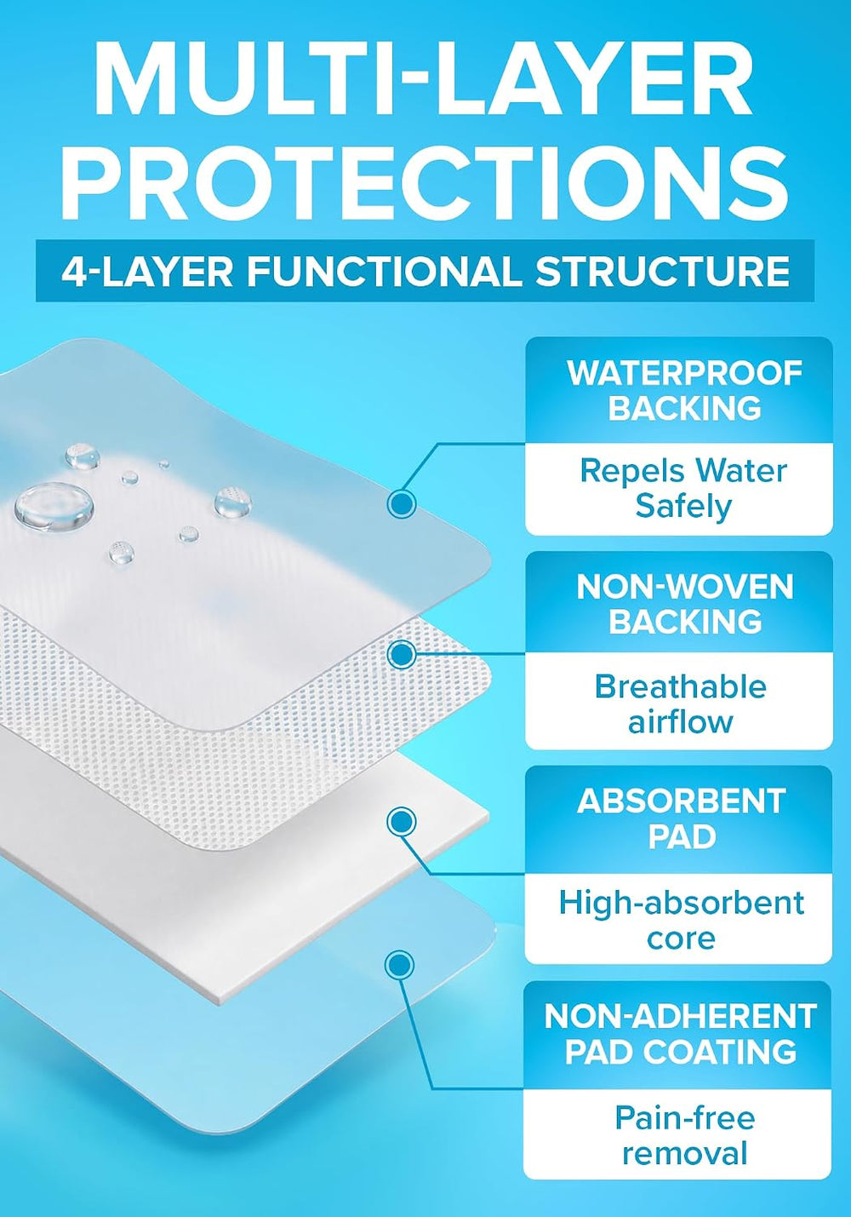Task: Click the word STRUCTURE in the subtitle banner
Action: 662,271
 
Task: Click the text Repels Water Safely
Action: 683,489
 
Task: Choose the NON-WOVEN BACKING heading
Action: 685,604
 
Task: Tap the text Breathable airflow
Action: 681,704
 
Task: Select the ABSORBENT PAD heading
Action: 682,818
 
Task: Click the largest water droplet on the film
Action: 53,506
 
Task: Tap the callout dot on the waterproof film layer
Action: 402,503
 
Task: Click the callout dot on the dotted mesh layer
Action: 402,654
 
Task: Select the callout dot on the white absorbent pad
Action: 402,822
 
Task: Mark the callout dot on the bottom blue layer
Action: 399,965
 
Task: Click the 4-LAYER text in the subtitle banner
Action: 146,271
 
